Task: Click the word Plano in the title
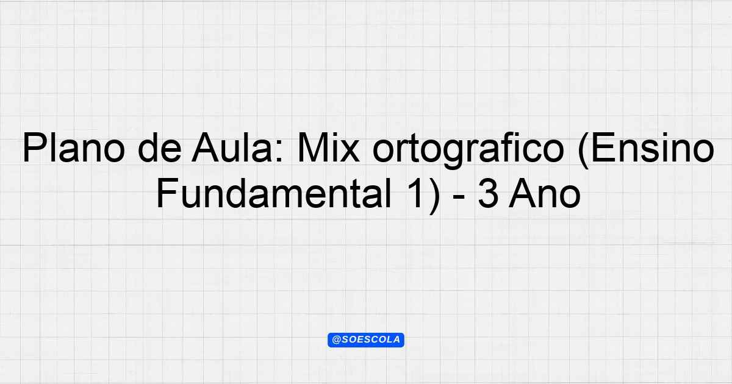pos(74,148)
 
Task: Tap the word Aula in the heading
pos(232,148)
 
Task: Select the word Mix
pos(328,148)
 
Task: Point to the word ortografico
pos(468,151)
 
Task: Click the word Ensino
pos(653,148)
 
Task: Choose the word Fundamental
pos(274,194)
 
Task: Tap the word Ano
pos(545,194)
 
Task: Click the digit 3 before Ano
pos(489,194)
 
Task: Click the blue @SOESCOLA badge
pos(366,340)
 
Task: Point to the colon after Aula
pos(279,152)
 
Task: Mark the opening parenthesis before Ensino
pos(584,151)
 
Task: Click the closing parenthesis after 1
pos(434,196)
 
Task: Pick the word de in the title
pos(159,148)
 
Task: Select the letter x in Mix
pos(349,152)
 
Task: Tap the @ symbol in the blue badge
pos(337,340)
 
